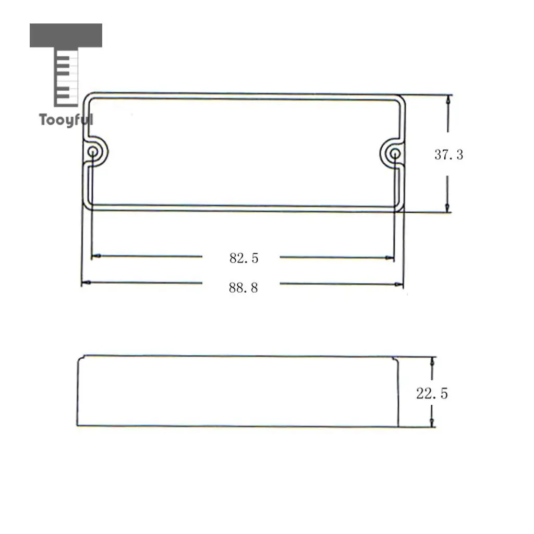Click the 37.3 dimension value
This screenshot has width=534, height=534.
click(448, 155)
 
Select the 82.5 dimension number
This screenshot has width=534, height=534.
click(244, 258)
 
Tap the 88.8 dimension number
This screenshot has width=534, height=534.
click(243, 288)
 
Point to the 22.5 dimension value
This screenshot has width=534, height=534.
click(432, 394)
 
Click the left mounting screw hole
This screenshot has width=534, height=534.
click(93, 152)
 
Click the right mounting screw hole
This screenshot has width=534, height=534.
click(395, 154)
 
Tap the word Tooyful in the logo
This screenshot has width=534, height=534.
click(66, 120)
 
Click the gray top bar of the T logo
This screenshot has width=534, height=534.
click(66, 35)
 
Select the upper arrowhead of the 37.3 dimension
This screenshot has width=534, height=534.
click(448, 100)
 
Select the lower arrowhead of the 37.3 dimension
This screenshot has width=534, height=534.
click(447, 208)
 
